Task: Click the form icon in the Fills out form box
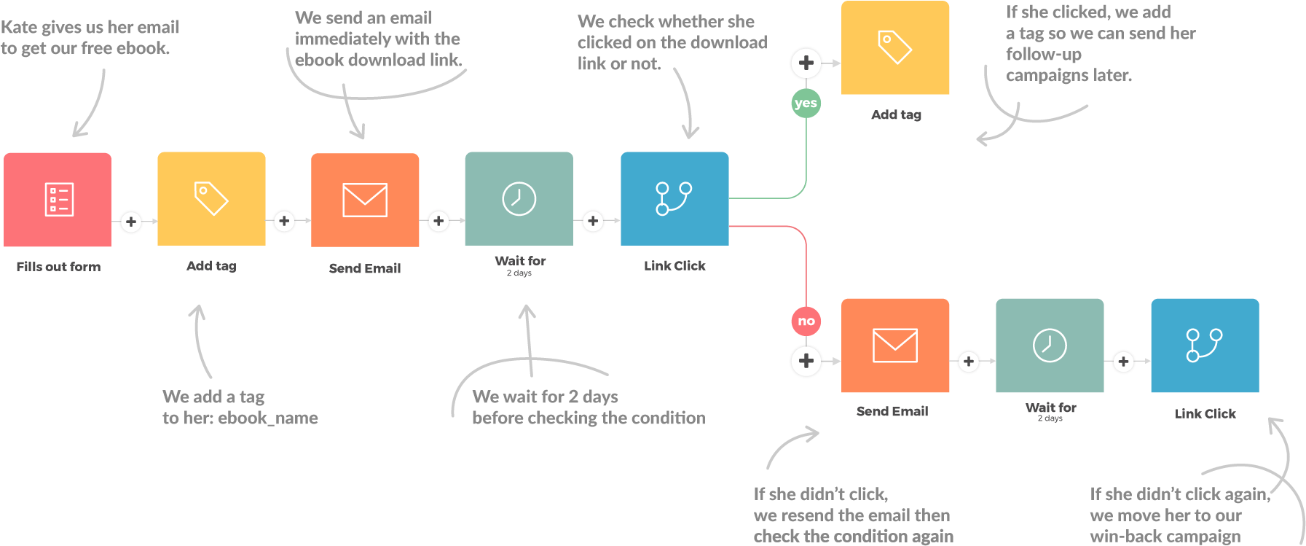coord(59,199)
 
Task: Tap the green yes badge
coord(806,103)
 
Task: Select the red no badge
coord(806,321)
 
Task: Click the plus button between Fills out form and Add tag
coord(131,222)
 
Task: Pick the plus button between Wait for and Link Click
coord(593,221)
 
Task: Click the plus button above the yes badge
coord(806,63)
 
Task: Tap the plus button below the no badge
coord(806,360)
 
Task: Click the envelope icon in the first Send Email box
coord(365,200)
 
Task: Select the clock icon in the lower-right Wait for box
coord(1050,346)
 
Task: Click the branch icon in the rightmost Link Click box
coord(1204,345)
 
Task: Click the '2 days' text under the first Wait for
coord(519,273)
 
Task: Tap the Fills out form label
coord(58,267)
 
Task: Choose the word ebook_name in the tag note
coord(268,418)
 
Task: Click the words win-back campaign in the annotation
coord(1165,537)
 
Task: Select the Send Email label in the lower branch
coord(892,411)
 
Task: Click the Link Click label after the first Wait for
coord(674,266)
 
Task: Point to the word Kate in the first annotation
coord(19,28)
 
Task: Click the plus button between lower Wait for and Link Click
coord(1123,361)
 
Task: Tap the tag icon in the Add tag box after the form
coord(211,198)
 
